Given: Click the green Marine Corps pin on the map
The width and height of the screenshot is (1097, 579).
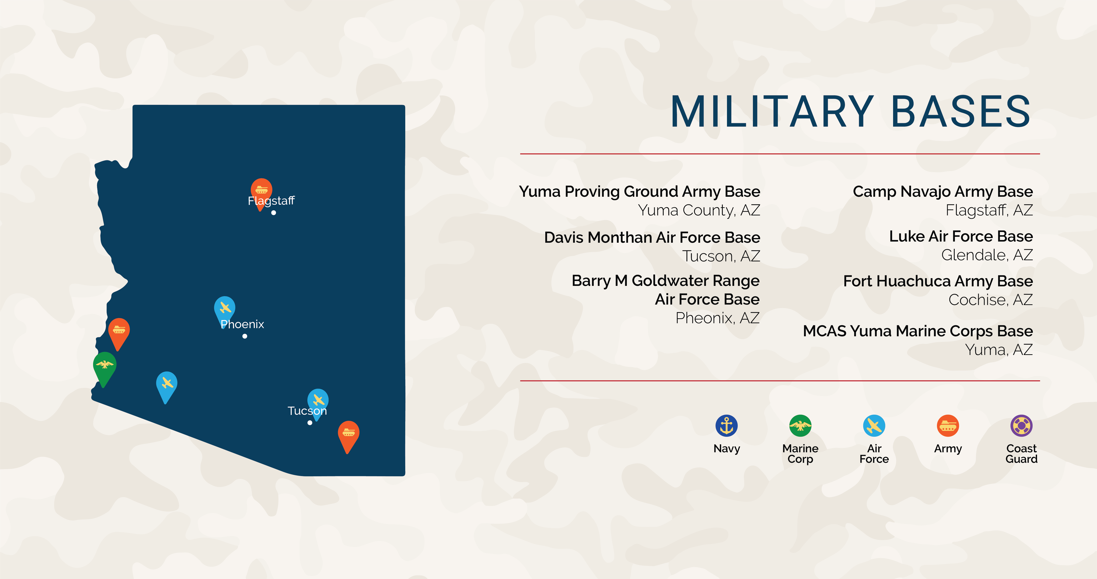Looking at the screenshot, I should [104, 365].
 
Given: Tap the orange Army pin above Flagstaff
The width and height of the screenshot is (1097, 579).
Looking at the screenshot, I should [261, 189].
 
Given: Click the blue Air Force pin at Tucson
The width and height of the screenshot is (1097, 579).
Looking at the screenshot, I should [318, 400].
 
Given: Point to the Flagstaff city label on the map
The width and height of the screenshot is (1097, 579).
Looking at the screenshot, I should [271, 201].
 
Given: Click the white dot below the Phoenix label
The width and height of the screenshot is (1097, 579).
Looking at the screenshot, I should [245, 336].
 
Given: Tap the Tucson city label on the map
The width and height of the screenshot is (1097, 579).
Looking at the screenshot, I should [307, 411].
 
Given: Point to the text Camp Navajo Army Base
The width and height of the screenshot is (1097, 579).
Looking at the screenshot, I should [942, 192].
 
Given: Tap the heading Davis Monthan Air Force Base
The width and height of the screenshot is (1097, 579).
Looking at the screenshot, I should [652, 237].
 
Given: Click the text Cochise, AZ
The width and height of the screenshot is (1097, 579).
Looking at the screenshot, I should [990, 300].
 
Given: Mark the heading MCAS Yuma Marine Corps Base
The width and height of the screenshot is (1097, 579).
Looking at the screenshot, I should [918, 331].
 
